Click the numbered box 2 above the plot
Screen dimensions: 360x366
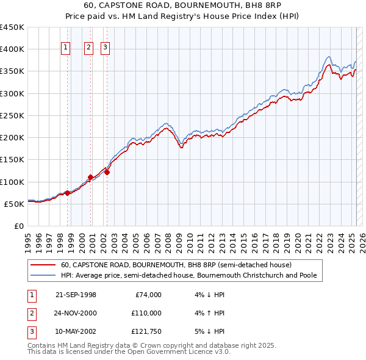click(x=88, y=48)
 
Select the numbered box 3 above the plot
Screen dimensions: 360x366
click(x=105, y=48)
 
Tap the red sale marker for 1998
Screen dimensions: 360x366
click(x=67, y=193)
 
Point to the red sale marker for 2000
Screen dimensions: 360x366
click(x=90, y=177)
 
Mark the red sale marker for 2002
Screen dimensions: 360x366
click(x=106, y=172)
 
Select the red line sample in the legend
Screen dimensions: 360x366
click(x=43, y=265)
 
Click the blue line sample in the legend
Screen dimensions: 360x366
click(x=43, y=275)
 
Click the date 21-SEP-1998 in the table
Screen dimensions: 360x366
click(x=76, y=295)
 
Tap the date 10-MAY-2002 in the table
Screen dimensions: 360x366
click(x=76, y=331)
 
